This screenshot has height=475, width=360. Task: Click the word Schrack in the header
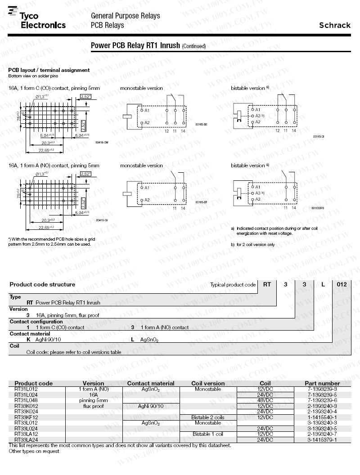334,25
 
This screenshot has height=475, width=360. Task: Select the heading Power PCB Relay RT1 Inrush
135,45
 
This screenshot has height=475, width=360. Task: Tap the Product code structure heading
42,284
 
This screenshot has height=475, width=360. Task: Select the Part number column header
323,383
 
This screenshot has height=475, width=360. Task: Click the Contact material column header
150,383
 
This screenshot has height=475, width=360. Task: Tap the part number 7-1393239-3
322,389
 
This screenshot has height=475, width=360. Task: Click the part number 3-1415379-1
322,440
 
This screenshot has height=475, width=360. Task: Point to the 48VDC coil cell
265,400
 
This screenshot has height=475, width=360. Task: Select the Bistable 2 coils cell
207,417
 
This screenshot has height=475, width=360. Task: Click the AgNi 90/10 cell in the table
151,406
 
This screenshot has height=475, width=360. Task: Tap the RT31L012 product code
26,389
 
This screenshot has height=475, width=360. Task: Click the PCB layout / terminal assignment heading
49,70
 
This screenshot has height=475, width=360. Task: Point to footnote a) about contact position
274,231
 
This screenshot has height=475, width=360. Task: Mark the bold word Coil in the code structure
14,346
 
